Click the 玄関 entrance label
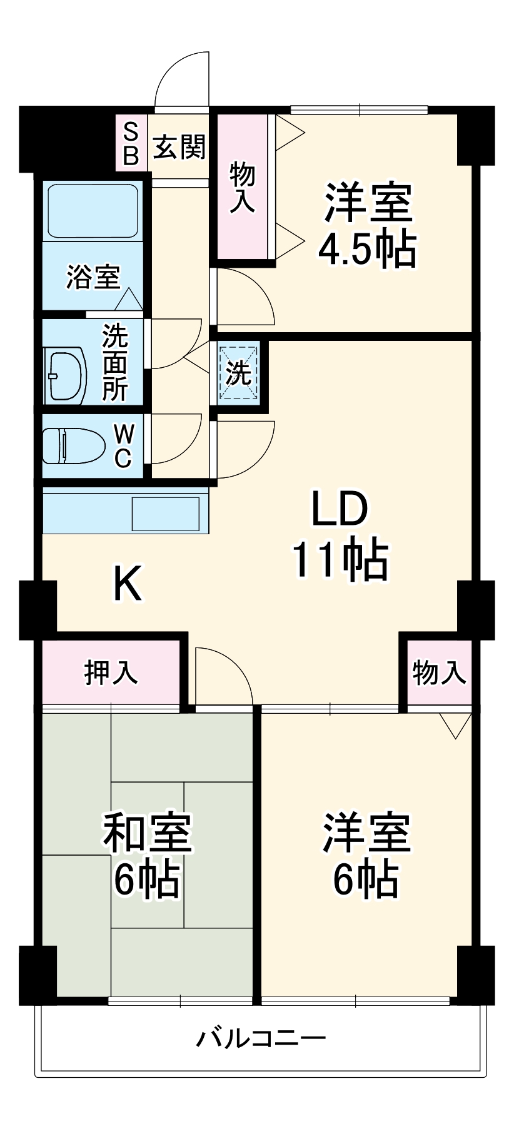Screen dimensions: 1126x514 click(x=179, y=148)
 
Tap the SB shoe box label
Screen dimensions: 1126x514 click(x=130, y=143)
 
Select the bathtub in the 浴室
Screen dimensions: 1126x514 click(x=92, y=211)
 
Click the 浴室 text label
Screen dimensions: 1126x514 click(x=94, y=276)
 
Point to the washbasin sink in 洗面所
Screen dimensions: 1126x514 click(x=65, y=375)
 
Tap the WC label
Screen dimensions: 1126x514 click(x=123, y=445)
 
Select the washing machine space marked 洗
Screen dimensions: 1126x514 click(x=238, y=373)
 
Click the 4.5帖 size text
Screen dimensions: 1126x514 click(x=368, y=250)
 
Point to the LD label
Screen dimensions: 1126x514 click(x=340, y=509)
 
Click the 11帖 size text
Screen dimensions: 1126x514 click(x=341, y=559)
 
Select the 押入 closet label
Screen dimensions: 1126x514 click(x=111, y=672)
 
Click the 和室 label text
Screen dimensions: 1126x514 click(x=148, y=832)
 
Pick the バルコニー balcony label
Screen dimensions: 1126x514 click(x=261, y=1039)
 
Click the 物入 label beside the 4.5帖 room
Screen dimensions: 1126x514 click(x=243, y=186)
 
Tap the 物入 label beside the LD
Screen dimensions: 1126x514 click(x=439, y=672)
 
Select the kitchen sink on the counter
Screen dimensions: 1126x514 click(x=166, y=513)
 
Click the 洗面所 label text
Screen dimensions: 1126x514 click(x=115, y=362)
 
